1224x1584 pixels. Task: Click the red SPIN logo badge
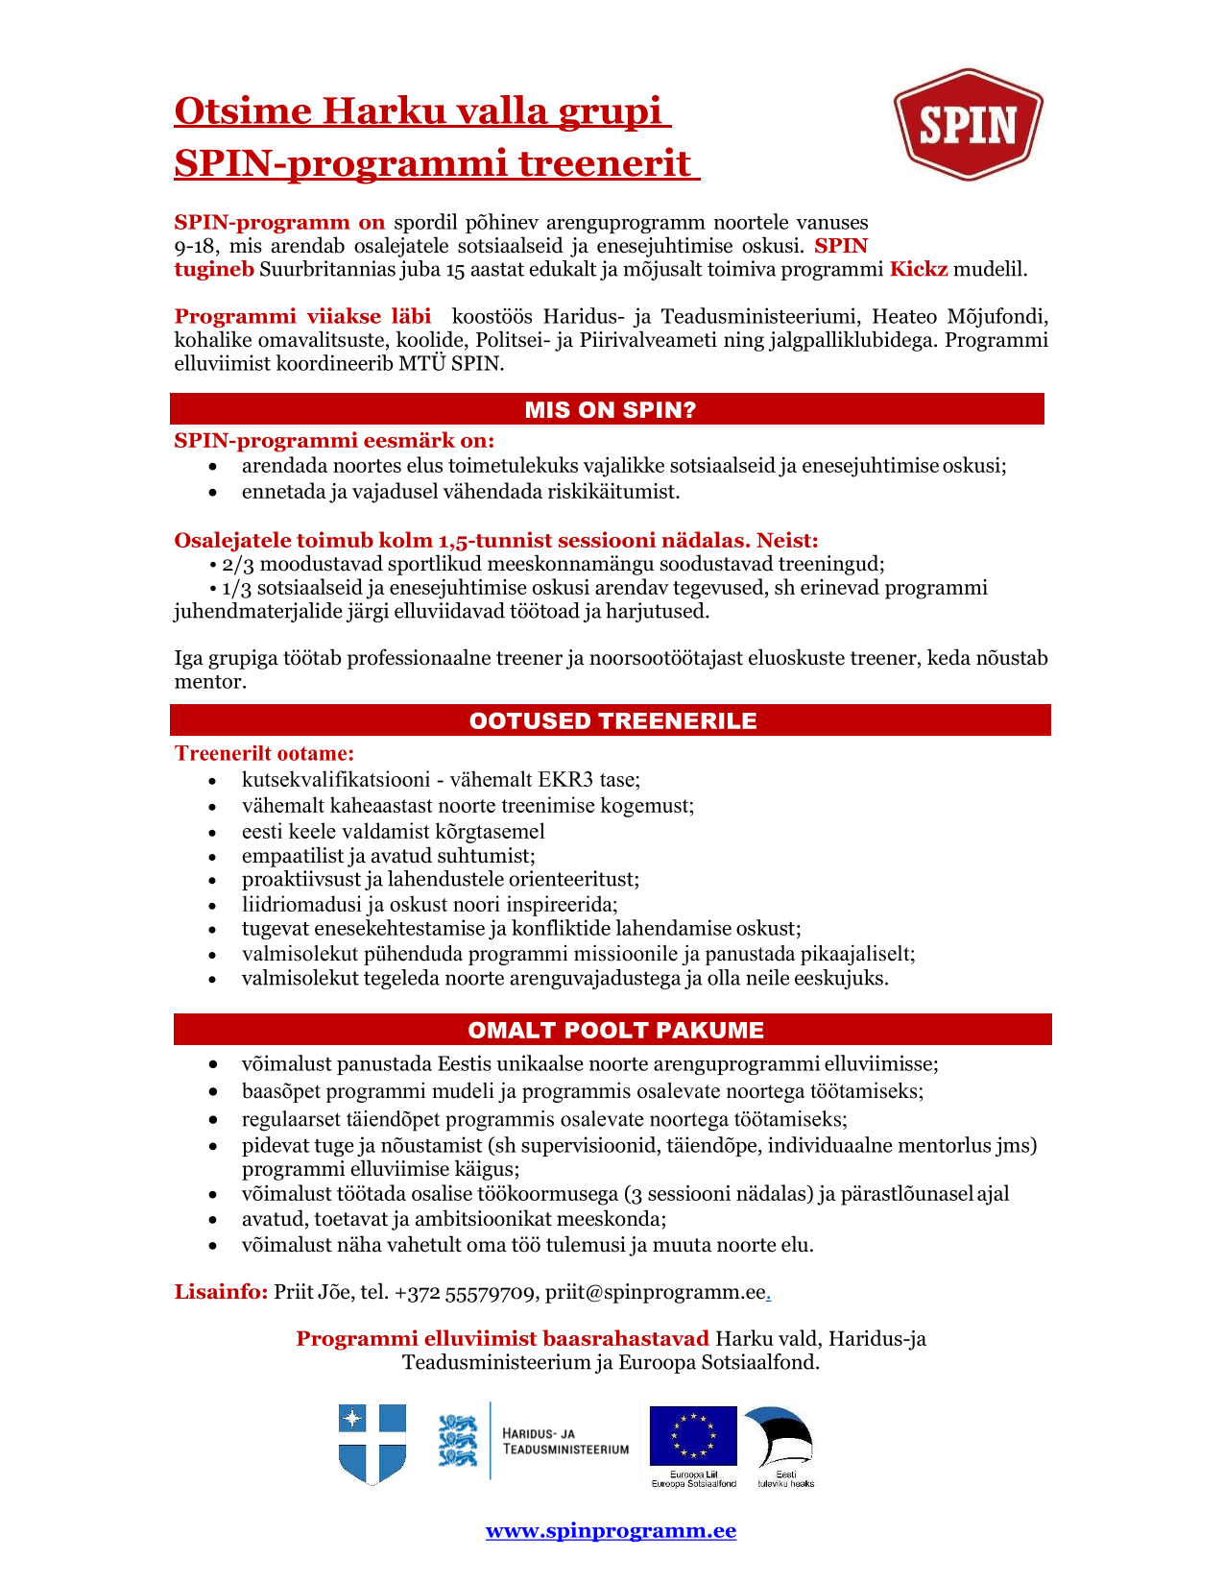pos(968,124)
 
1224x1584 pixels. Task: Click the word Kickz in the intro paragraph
pos(919,269)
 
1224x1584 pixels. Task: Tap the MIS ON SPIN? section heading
pos(610,410)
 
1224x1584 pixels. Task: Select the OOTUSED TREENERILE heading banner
pos(612,721)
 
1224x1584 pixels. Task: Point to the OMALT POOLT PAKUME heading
pos(615,1031)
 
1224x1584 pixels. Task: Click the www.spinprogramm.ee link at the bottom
pos(611,1531)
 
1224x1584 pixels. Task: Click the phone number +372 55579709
pos(465,1293)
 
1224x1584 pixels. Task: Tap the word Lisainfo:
pos(221,1292)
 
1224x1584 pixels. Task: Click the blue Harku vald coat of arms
pos(372,1443)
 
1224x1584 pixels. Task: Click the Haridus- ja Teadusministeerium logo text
pos(565,1441)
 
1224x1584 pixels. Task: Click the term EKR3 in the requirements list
pos(560,780)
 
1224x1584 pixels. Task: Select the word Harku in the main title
pos(370,111)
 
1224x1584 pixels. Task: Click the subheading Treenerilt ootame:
pos(264,754)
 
